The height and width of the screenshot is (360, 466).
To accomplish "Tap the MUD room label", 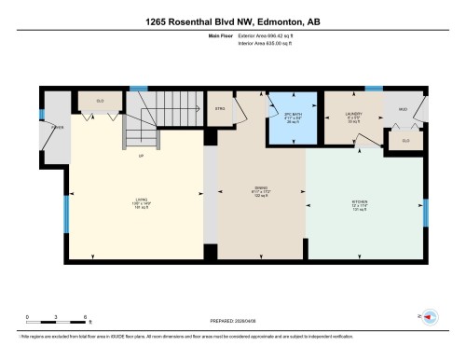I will [404, 109].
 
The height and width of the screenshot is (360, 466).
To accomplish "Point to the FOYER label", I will [56, 130].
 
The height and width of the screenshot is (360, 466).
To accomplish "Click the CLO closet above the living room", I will [100, 100].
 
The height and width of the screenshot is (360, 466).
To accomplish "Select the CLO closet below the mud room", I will [405, 141].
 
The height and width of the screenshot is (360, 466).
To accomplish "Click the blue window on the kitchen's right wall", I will [426, 213].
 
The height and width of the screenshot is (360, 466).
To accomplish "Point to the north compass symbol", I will [430, 317].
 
